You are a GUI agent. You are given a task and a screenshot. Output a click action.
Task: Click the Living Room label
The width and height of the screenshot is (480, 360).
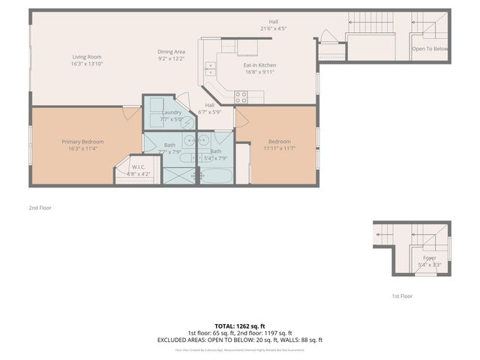click(87, 57)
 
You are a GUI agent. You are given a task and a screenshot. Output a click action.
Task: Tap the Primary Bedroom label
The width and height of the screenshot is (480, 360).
click(82, 142)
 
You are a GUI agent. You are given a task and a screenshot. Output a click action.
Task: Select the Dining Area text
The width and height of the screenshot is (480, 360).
click(171, 51)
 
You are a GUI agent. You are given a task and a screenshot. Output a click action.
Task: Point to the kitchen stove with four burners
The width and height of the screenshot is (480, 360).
click(241, 96)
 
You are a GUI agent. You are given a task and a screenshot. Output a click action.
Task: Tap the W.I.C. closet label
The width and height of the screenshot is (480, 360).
click(138, 166)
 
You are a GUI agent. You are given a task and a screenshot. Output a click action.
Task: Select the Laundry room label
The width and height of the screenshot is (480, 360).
click(172, 112)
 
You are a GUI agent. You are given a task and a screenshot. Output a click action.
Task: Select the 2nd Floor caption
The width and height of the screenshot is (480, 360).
click(41, 207)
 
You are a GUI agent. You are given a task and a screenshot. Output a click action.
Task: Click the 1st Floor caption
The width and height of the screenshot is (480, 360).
click(402, 296)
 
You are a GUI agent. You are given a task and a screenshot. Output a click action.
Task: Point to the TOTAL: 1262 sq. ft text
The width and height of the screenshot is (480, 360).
click(240, 326)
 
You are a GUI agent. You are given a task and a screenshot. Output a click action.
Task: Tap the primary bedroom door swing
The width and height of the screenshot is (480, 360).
click(131, 113)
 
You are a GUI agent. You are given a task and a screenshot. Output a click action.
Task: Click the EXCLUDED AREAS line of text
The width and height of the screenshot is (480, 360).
click(240, 340)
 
